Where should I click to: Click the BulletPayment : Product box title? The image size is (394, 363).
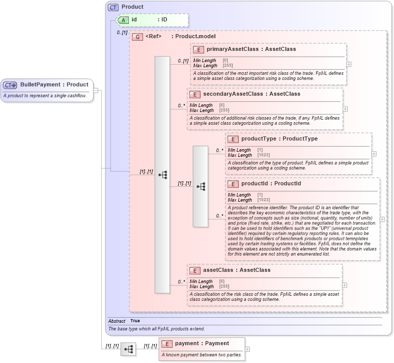(x=54, y=85)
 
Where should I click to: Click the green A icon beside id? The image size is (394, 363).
(x=123, y=20)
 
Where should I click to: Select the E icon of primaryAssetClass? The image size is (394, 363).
(x=199, y=49)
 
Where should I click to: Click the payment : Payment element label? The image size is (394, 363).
(x=202, y=343)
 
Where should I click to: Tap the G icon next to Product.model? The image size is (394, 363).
(x=137, y=37)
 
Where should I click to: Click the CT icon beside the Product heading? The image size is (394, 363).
(x=113, y=7)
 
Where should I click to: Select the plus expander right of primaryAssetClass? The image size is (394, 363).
(x=349, y=64)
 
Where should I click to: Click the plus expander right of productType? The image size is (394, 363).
(x=374, y=153)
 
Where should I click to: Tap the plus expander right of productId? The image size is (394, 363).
(x=382, y=219)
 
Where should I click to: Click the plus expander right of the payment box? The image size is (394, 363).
(x=247, y=349)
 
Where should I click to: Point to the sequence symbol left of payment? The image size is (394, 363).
(x=128, y=349)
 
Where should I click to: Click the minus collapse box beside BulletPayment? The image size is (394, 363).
(x=96, y=91)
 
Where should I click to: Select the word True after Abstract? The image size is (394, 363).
(x=135, y=321)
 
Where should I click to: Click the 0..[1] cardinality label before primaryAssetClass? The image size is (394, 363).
(x=183, y=61)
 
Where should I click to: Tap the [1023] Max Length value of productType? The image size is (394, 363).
(x=264, y=155)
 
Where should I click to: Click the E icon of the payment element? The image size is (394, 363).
(x=167, y=344)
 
